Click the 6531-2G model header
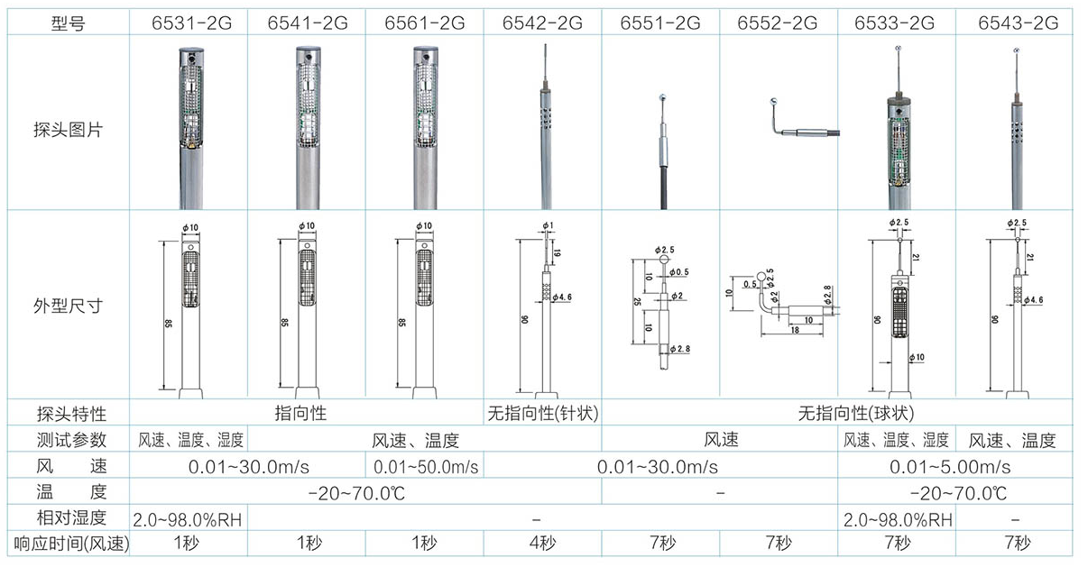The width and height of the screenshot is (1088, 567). [191, 23]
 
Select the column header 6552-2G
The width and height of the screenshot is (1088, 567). [777, 23]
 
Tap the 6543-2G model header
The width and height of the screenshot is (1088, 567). [1018, 23]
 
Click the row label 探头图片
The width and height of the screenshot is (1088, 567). [68, 130]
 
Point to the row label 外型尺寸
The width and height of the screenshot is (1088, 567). [68, 306]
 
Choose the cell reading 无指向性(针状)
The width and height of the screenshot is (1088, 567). [542, 413]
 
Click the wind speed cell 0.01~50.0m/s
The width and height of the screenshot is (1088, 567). [426, 467]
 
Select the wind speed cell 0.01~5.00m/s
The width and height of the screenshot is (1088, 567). [950, 467]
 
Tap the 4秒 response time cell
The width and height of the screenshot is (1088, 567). [542, 543]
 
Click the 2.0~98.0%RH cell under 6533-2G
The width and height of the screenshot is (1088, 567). [898, 520]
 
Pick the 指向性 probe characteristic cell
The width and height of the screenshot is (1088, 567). [300, 413]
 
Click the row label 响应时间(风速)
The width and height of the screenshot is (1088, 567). [71, 544]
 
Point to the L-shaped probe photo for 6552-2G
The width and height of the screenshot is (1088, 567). [805, 120]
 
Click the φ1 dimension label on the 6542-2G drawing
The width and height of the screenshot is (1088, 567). [548, 225]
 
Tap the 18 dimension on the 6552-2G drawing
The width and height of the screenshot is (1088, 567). [795, 330]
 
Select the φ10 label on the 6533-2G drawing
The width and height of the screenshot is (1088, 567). [917, 357]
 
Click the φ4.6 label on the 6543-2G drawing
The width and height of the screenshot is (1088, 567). [1033, 300]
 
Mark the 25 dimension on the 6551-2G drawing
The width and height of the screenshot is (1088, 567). [637, 301]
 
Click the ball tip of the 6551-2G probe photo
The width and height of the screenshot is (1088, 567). [661, 97]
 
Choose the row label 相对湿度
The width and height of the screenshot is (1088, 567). [71, 518]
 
